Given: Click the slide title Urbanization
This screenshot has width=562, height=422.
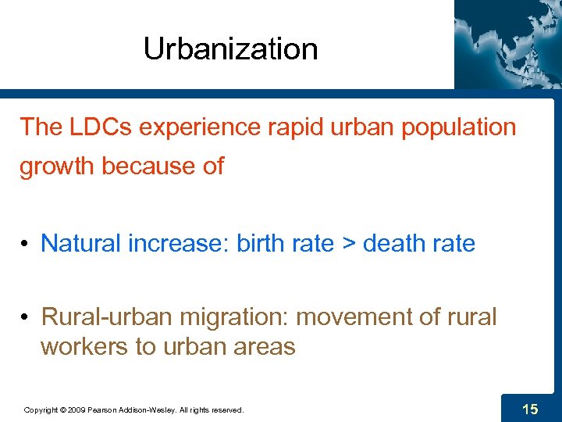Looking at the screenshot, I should pos(230,49).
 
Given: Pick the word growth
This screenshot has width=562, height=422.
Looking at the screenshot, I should pos(57,166).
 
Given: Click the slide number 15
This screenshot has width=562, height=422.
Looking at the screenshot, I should pos(530,408).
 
